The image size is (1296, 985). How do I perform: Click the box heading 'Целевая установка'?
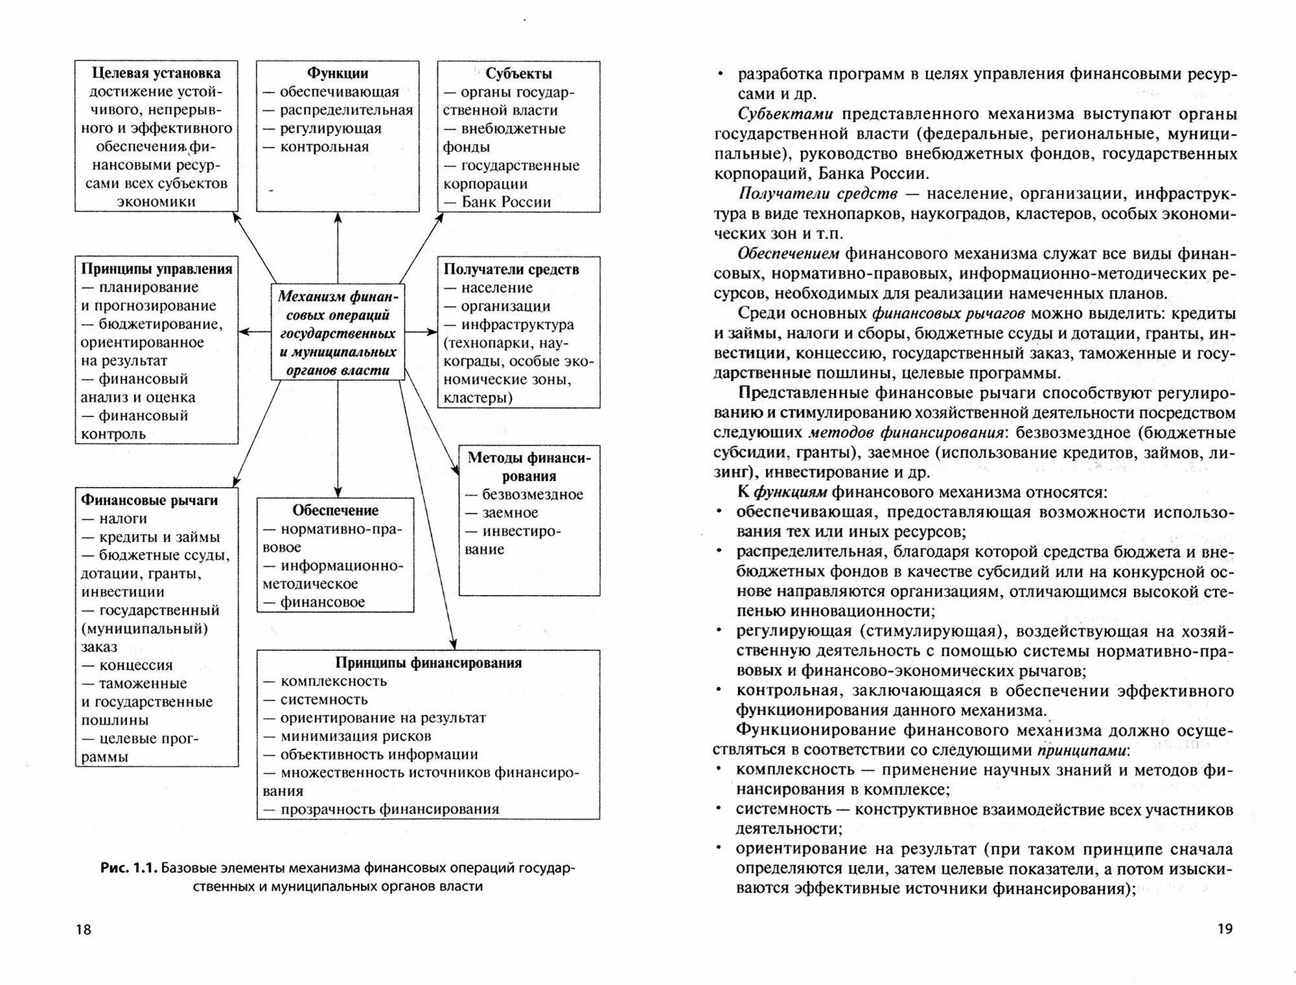coord(156,73)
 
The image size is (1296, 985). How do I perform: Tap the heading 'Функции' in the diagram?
coord(337,73)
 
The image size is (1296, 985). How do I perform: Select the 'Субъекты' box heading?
coord(518,73)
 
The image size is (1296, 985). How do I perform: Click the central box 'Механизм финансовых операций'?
coord(338,333)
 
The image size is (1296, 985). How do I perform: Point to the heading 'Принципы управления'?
coord(156,269)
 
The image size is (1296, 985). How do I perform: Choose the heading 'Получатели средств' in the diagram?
coord(511,269)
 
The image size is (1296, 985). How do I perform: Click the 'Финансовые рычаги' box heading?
coord(149,500)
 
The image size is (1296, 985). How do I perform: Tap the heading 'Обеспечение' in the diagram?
coord(335,510)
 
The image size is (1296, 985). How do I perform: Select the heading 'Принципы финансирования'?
coord(428,662)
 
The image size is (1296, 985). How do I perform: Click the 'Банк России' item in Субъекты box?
coord(505,201)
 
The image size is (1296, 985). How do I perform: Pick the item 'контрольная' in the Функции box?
coord(324,146)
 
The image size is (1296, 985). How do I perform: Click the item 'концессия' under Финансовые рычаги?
coord(135,665)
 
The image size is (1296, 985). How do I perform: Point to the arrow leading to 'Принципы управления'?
coord(254,332)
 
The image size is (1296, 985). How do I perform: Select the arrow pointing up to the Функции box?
coord(338,246)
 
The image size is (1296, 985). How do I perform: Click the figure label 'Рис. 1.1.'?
coord(129,868)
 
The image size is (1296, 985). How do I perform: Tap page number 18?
coord(84,929)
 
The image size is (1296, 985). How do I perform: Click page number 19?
coord(1225,929)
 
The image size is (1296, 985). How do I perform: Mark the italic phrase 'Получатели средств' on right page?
coord(818,194)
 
